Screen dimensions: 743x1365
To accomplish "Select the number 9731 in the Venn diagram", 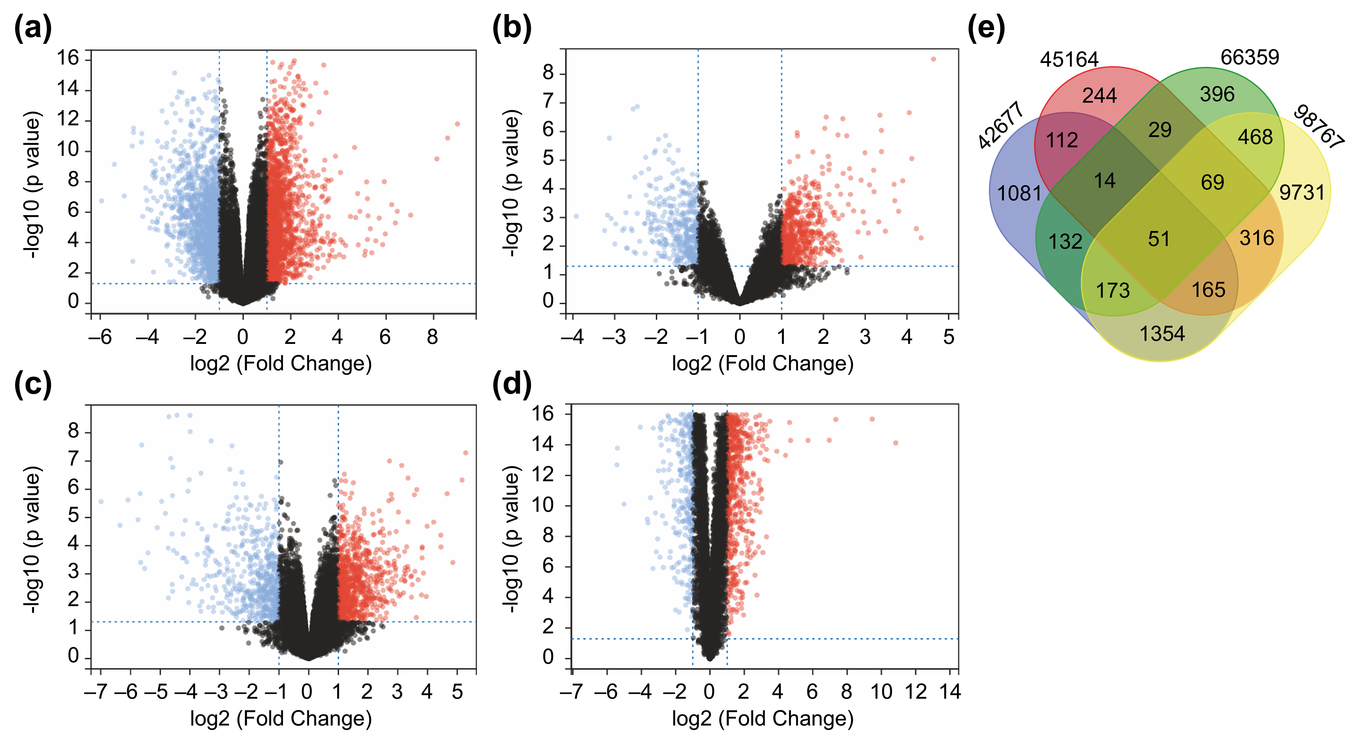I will [1301, 192].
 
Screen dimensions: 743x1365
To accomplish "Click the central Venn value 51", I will [1159, 239].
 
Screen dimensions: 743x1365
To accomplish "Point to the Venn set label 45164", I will [1069, 59].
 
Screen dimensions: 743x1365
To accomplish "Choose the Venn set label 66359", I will [1249, 57].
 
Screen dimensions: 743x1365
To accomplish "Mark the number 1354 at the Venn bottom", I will [1162, 334].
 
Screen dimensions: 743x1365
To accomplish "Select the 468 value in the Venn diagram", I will [1255, 137].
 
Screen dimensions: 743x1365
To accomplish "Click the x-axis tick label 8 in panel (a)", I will [432, 337].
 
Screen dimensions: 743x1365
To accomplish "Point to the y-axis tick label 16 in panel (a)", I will [68, 57].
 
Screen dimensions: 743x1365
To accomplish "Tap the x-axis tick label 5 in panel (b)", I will [949, 337].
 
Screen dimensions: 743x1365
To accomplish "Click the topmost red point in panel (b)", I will [933, 59].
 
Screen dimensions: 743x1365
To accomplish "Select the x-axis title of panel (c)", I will [281, 719].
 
